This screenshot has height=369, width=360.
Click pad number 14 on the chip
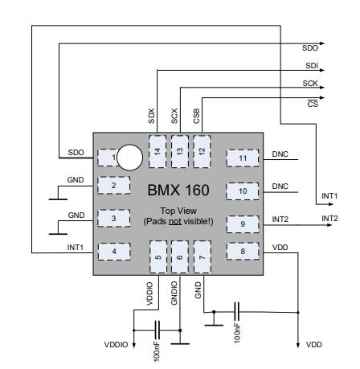(x=157, y=152)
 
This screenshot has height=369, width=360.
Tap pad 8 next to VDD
(x=243, y=251)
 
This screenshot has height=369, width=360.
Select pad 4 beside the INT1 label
(x=114, y=252)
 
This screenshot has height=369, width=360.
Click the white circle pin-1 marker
(x=129, y=158)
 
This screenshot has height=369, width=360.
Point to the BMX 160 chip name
(x=178, y=190)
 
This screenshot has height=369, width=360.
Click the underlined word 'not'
(x=174, y=222)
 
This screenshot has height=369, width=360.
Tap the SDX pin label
(x=152, y=116)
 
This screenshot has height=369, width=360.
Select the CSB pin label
(x=197, y=116)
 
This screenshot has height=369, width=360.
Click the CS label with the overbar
(x=313, y=103)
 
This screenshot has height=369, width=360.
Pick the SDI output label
(x=312, y=66)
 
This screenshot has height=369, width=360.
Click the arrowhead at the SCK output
(x=322, y=88)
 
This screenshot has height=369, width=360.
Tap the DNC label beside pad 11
(x=280, y=154)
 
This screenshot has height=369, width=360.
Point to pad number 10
(x=243, y=191)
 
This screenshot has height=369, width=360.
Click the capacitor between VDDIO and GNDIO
(x=157, y=330)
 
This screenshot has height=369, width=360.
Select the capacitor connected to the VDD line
(x=237, y=312)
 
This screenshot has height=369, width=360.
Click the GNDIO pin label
(x=174, y=293)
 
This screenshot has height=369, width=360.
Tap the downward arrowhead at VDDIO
(x=133, y=345)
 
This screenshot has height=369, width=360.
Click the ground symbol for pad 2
(x=58, y=199)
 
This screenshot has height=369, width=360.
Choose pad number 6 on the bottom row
(x=180, y=257)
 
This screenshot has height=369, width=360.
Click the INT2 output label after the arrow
(x=329, y=219)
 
